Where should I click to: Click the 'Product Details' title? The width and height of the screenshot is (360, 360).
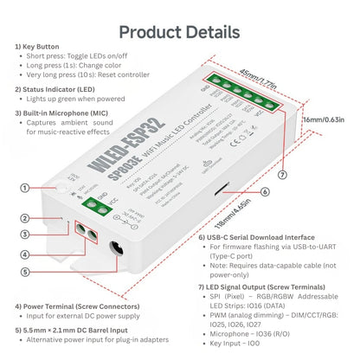coord(179,32)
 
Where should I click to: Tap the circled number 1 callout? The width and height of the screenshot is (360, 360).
coord(24,187)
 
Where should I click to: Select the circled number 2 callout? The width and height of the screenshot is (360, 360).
coord(24,218)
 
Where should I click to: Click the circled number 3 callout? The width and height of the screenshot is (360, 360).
coord(24,234)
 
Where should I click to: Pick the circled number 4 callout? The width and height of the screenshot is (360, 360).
coord(24,254)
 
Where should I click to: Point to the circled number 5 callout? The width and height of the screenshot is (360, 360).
coord(24,272)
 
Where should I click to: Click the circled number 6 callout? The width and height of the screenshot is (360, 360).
coord(264,192)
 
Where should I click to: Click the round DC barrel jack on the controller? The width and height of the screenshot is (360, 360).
coord(112,252)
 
